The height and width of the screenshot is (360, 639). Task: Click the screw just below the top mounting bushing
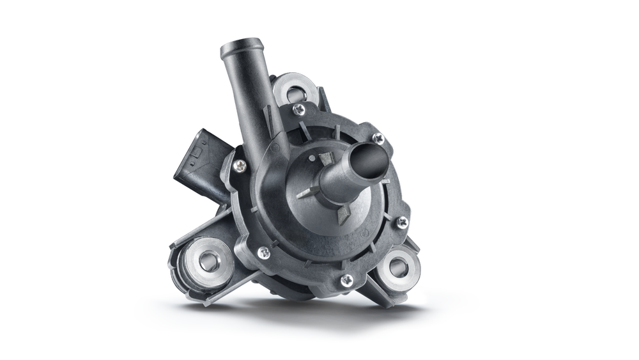[x=298, y=109]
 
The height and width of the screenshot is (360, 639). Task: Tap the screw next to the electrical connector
[x=240, y=166]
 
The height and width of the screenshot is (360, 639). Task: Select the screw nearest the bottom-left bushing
[x=263, y=253]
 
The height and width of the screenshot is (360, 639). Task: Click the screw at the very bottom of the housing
[x=346, y=279]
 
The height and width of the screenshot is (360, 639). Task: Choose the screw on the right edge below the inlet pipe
[x=402, y=222]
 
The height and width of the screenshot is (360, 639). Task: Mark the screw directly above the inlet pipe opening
[x=378, y=137]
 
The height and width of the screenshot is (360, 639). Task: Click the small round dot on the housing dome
[x=312, y=157]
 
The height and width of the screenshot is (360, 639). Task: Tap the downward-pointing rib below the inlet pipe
[x=343, y=214]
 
